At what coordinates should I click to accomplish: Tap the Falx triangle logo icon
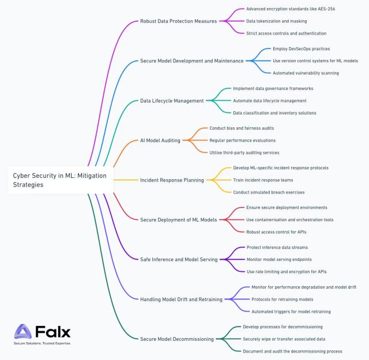coord(23,331)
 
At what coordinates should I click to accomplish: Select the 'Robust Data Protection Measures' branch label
coord(178,21)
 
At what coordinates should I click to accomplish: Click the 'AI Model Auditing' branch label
coord(160,141)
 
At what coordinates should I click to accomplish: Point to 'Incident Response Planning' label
coord(172,180)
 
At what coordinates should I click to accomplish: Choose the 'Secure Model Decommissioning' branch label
coord(177,339)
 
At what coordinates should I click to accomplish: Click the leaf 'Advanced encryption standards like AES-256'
coord(291,9)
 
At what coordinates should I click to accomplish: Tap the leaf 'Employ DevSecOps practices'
coord(301,49)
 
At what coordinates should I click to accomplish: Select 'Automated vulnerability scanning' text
coord(306,73)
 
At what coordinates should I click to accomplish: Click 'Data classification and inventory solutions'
coord(274,113)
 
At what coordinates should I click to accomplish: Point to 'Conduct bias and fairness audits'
coord(242,128)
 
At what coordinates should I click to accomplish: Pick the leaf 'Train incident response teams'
coord(263,180)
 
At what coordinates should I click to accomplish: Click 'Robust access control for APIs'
coord(276,232)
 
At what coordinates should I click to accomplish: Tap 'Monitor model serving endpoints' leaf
coord(279,259)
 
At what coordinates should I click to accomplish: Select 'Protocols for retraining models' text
coord(283,300)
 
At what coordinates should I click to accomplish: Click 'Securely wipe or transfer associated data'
coord(284,339)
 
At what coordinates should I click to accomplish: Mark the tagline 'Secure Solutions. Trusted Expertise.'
coord(42,343)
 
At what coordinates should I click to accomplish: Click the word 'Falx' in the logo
coord(53,332)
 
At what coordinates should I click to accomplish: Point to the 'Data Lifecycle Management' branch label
coord(172,101)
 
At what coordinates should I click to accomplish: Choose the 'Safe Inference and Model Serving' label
coord(179,260)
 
